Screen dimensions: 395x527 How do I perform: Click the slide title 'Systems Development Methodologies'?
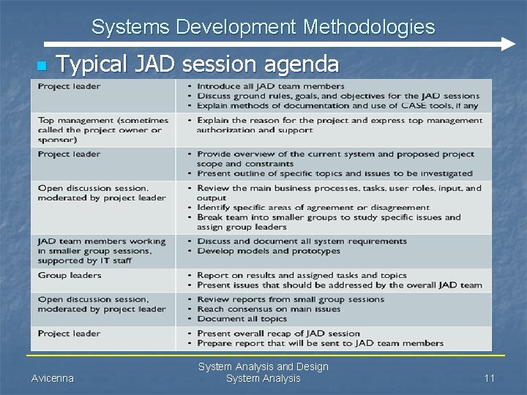[x=263, y=28]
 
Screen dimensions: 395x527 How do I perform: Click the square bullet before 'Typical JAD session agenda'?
[x=41, y=67]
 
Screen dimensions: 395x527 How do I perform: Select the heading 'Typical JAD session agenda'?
[x=198, y=64]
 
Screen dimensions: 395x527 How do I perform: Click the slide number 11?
[x=490, y=378]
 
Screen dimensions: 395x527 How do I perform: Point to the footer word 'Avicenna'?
[x=53, y=378]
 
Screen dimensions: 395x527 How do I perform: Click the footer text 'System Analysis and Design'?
[x=263, y=366]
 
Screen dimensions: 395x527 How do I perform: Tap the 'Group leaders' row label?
[x=70, y=275]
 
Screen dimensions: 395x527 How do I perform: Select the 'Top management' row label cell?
[x=102, y=129]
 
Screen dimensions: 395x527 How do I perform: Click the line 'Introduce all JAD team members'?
[x=271, y=86]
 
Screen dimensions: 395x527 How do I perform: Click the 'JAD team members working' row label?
[x=102, y=241]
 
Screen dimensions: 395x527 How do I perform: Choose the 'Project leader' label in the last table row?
[x=70, y=334]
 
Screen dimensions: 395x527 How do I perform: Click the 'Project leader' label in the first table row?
[x=70, y=86]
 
